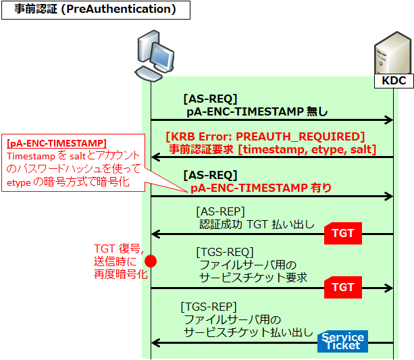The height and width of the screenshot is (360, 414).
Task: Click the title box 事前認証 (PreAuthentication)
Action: (95, 10)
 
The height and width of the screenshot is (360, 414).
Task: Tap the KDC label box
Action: (394, 81)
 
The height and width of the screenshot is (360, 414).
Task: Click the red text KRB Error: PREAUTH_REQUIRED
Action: (265, 136)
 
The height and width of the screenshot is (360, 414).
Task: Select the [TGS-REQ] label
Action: (224, 252)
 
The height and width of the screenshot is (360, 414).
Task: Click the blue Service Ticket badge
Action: (342, 342)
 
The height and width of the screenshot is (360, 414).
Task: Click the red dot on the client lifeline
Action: (151, 261)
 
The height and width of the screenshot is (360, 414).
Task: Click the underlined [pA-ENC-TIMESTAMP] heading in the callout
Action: (56, 144)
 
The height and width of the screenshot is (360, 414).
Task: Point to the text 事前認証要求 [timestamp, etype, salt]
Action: (272, 149)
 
